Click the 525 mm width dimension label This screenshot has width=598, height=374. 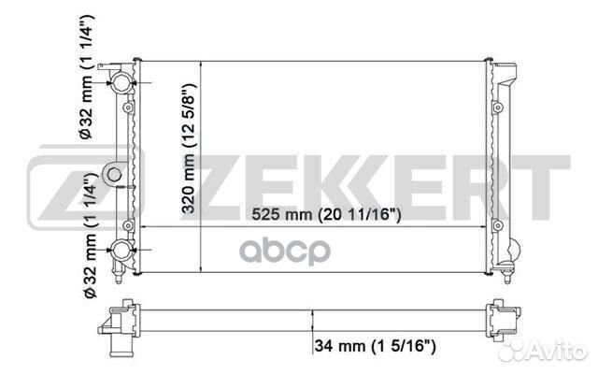326,214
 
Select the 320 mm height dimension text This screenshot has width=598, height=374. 189,149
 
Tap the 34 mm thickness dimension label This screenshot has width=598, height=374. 375,346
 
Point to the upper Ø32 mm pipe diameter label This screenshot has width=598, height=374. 86,78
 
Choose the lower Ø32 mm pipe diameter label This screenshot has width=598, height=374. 90,236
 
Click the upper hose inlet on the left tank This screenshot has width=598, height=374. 121,82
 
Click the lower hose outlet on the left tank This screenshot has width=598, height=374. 121,250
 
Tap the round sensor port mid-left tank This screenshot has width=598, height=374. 114,175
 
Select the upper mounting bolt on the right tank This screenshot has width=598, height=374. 497,108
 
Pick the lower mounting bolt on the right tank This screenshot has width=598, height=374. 497,226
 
